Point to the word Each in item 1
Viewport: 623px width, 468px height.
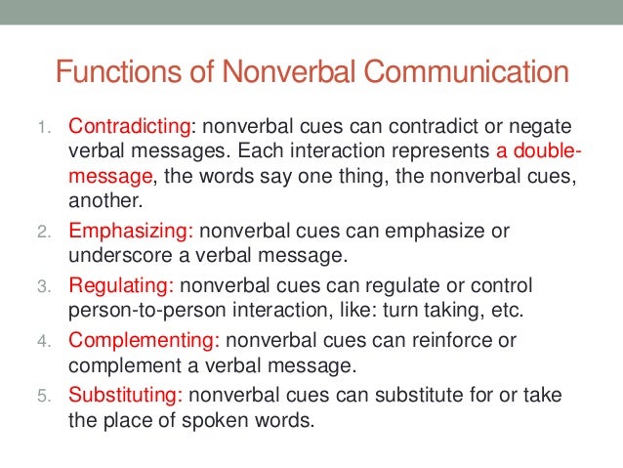tap(292, 153)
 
